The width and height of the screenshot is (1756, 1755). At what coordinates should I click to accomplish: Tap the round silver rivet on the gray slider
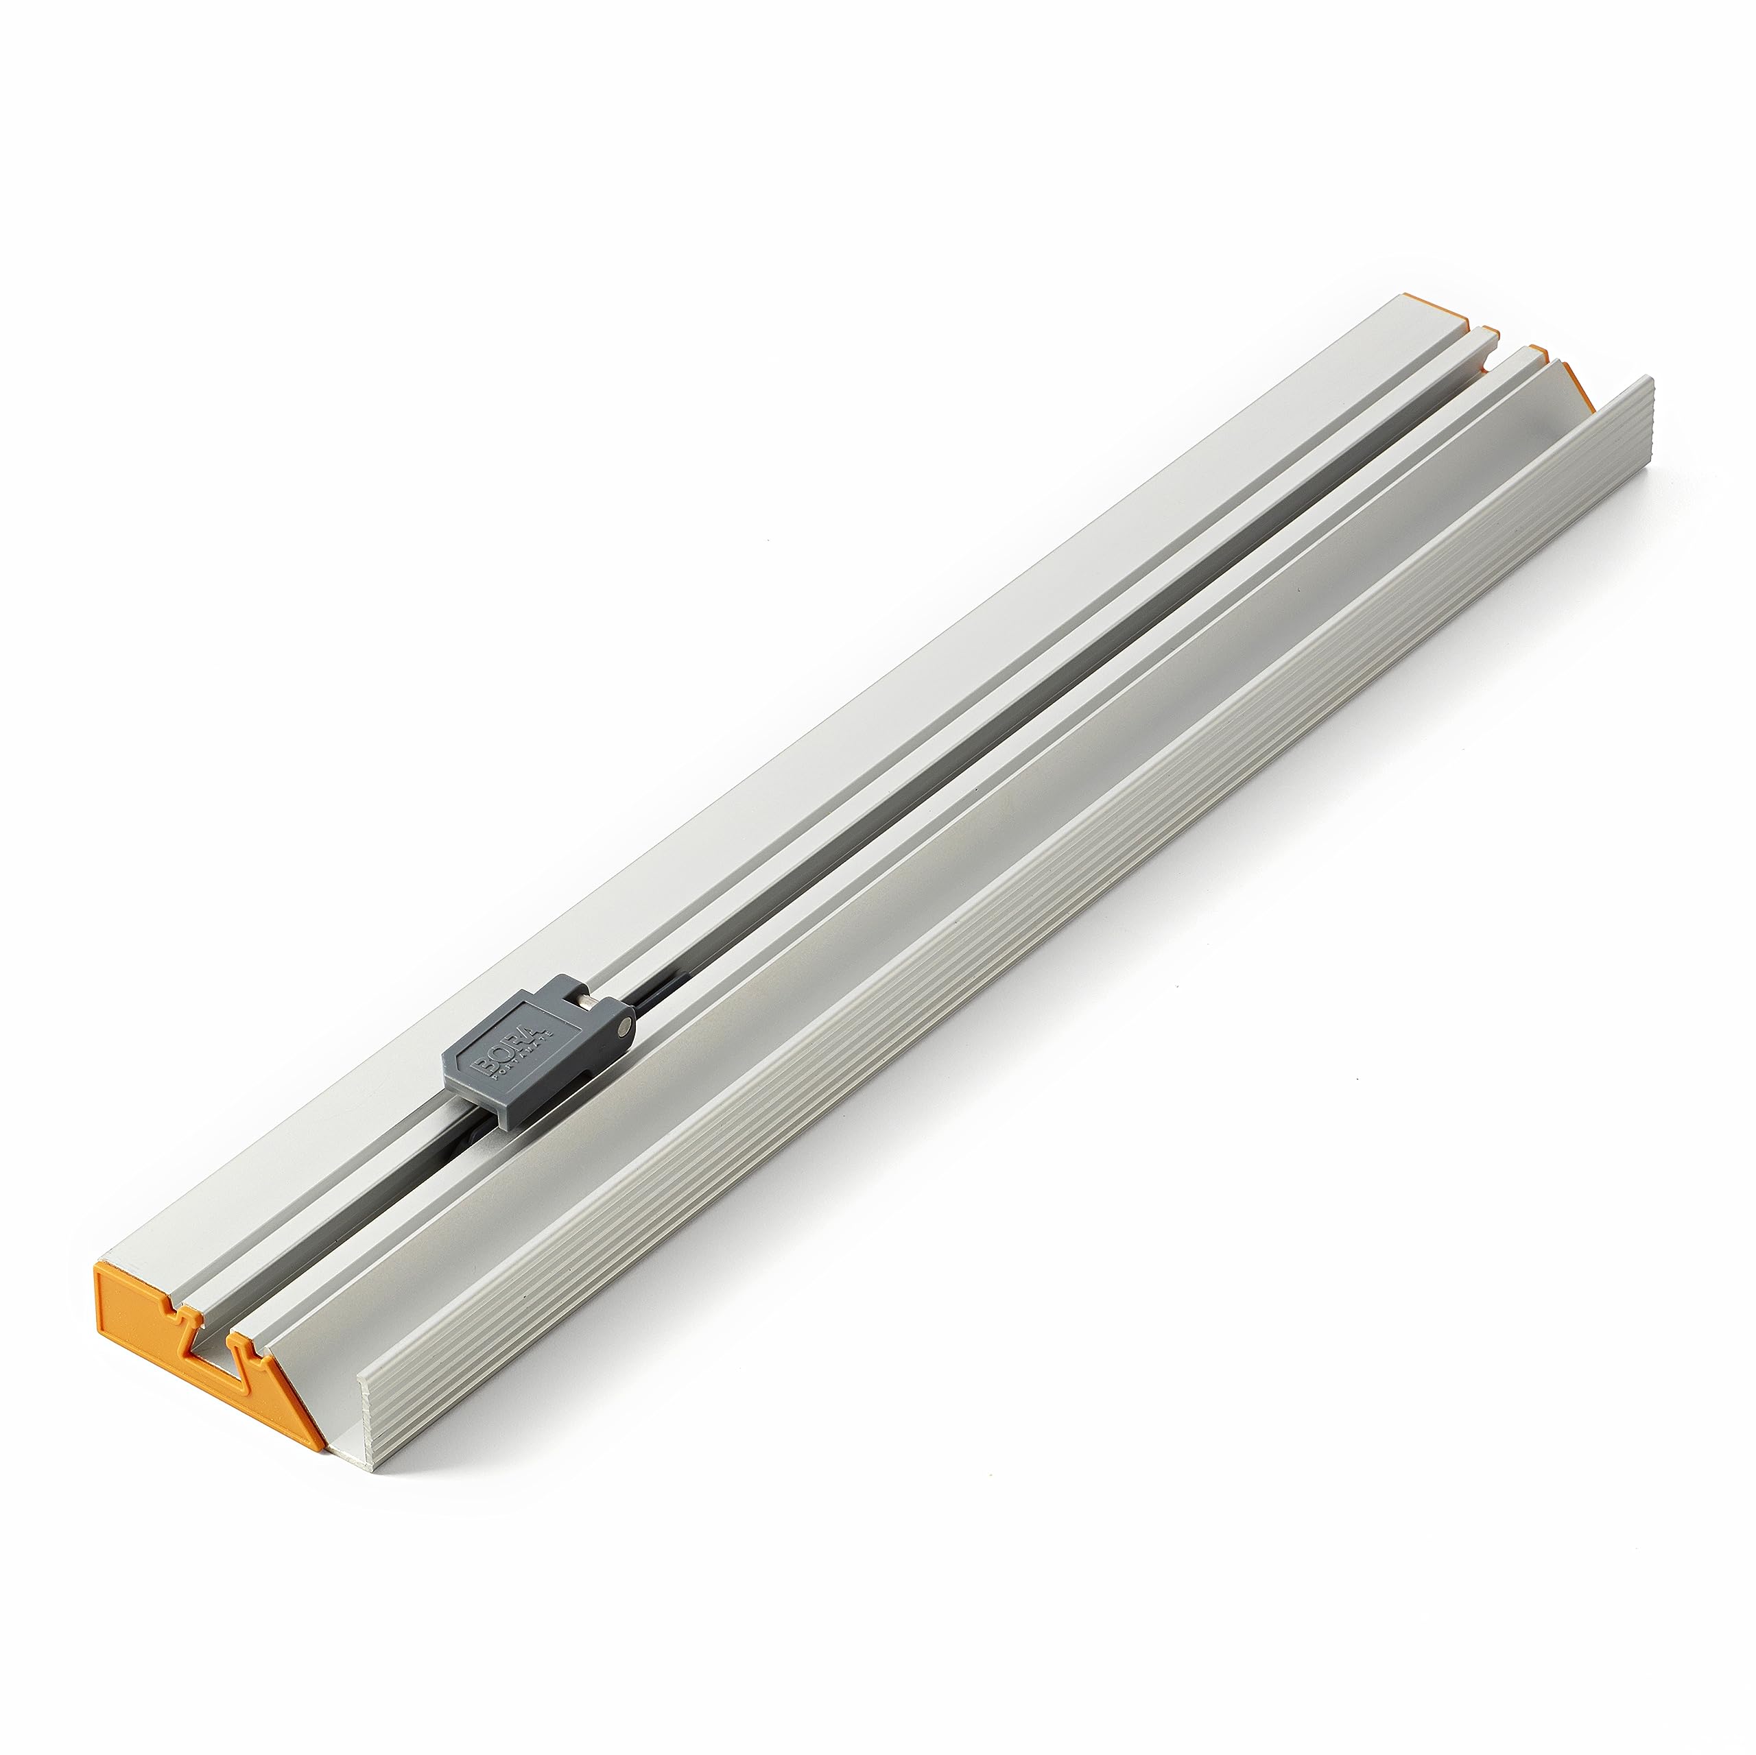coord(623,1026)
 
